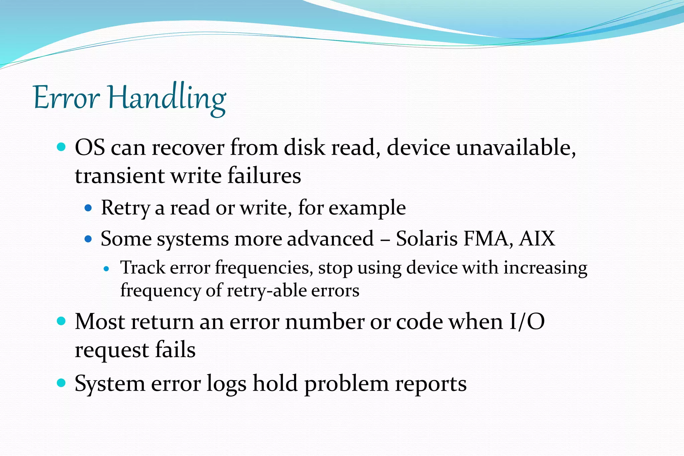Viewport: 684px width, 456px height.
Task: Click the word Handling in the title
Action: [x=167, y=99]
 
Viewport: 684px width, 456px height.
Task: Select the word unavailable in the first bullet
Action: [x=516, y=147]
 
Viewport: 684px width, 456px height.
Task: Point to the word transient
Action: [x=120, y=176]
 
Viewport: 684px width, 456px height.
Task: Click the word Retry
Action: [x=125, y=208]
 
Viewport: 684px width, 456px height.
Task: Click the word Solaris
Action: [x=426, y=239]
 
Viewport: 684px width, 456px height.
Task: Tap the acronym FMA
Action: [x=488, y=239]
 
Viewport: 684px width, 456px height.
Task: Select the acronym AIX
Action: [x=537, y=239]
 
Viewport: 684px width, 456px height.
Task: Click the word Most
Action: [x=100, y=322]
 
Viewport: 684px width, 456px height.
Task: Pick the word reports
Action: [x=431, y=384]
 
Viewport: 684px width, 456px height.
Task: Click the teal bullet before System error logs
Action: [x=61, y=383]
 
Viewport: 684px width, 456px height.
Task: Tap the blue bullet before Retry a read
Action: [x=88, y=208]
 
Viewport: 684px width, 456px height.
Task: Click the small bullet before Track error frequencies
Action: [x=107, y=268]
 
